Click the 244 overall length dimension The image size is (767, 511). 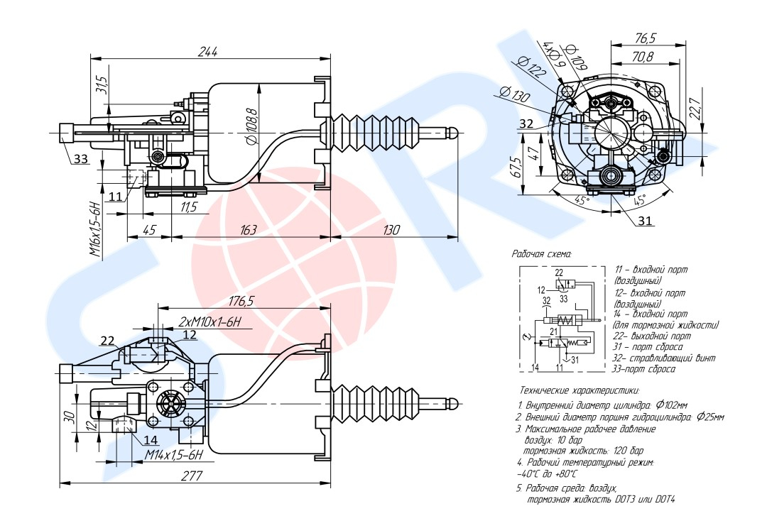pyautogui.click(x=207, y=51)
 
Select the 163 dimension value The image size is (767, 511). pyautogui.click(x=249, y=230)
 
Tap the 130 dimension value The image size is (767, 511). pyautogui.click(x=391, y=230)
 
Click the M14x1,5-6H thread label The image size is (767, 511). pyautogui.click(x=175, y=454)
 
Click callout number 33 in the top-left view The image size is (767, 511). pyautogui.click(x=81, y=159)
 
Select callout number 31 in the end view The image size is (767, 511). pyautogui.click(x=644, y=221)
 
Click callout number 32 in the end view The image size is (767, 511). pyautogui.click(x=526, y=123)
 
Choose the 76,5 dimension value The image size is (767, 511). pyautogui.click(x=645, y=38)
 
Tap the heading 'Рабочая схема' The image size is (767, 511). pyautogui.click(x=542, y=253)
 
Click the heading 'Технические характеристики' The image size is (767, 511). pyautogui.click(x=580, y=390)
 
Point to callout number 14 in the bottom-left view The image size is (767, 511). pyautogui.click(x=151, y=440)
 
